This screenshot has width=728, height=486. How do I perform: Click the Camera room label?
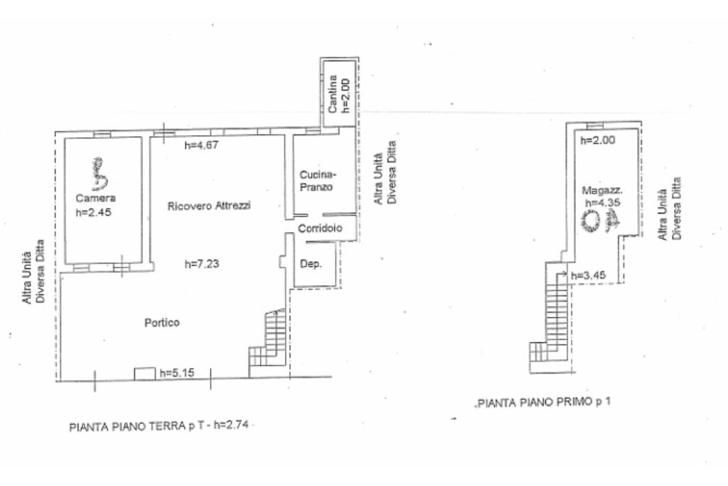coord(96,199)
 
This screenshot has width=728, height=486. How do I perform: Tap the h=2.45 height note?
coord(93,212)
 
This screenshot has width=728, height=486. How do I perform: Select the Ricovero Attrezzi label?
coord(209,206)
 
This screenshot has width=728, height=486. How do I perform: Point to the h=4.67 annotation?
coord(201,145)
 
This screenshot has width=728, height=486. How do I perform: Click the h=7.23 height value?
coord(202,264)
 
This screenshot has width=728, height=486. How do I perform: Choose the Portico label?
coord(161,322)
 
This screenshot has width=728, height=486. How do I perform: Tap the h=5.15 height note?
coord(177,373)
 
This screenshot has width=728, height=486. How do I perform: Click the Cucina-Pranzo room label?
coord(317,181)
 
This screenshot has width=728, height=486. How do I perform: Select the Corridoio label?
coord(320,228)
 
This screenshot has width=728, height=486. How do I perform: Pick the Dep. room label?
coord(311,264)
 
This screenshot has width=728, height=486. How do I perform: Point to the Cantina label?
coord(332,94)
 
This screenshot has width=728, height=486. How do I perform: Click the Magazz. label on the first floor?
coord(602,191)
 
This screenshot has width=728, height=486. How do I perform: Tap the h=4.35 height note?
coord(603,203)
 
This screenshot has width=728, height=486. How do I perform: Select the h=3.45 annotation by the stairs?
coord(588,275)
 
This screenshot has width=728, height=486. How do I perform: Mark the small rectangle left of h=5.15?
coord(144,374)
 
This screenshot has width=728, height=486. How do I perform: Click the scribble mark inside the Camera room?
coord(98,174)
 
